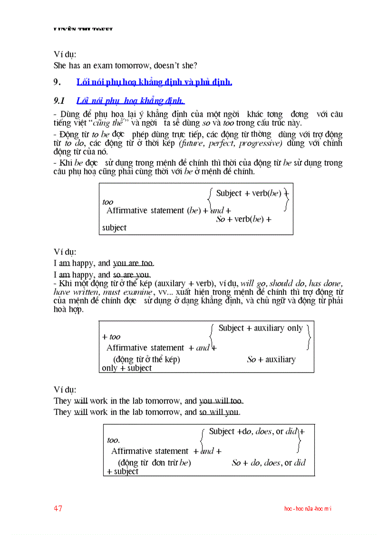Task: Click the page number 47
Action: (x=58, y=508)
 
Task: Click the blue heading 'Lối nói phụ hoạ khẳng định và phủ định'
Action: (x=154, y=82)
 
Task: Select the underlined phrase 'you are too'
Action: (x=133, y=263)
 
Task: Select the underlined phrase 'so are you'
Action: (x=131, y=275)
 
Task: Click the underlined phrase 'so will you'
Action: (x=219, y=412)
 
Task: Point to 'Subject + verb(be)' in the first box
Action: (x=249, y=193)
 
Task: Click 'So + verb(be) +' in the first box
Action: (x=243, y=219)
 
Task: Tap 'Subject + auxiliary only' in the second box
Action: (x=261, y=328)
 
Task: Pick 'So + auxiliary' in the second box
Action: (x=271, y=360)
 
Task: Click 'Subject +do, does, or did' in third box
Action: (x=252, y=432)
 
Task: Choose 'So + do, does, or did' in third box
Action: (x=268, y=463)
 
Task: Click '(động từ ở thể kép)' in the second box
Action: (x=146, y=360)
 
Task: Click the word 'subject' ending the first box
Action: (x=114, y=228)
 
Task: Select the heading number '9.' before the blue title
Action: (x=57, y=82)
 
